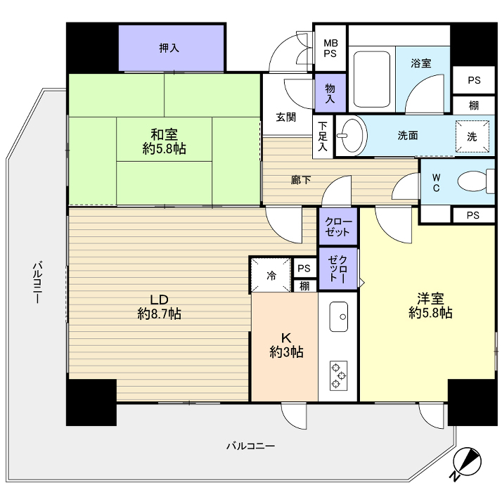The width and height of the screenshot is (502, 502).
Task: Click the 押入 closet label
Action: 169,49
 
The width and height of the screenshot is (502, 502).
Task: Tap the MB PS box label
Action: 330,48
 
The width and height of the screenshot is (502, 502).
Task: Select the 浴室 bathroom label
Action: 421,63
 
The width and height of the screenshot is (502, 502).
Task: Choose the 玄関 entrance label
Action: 285,117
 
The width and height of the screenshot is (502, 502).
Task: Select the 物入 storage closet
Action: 330,93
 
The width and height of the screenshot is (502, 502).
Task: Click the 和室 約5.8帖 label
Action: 163,141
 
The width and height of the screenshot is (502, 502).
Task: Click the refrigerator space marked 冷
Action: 271,275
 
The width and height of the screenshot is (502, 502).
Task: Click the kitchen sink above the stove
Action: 338,316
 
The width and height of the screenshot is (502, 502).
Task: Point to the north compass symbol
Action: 467,463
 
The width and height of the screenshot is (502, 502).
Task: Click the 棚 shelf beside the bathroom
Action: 474,106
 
